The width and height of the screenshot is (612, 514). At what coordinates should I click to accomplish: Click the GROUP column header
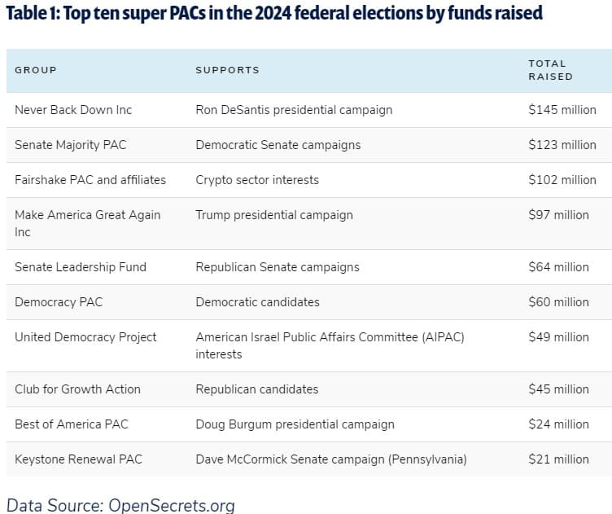tap(36, 70)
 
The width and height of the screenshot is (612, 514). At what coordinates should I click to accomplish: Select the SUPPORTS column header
tap(228, 70)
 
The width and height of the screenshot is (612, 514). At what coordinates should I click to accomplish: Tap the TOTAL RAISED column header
tap(551, 70)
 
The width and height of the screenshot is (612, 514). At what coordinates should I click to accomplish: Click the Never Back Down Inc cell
tap(73, 110)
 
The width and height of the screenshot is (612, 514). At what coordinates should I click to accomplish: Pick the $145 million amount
tap(562, 110)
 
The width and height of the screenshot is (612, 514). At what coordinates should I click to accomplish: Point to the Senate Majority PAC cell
tap(71, 145)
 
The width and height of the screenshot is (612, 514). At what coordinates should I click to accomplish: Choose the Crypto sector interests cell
tap(257, 180)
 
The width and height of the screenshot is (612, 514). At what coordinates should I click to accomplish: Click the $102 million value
tap(562, 180)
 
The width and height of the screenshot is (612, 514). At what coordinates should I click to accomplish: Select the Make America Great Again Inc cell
tap(88, 223)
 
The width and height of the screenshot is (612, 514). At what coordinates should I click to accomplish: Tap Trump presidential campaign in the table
tap(274, 215)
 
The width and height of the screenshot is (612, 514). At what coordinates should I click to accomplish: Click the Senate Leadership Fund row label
tap(81, 267)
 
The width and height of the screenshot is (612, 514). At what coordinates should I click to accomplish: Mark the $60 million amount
tap(558, 302)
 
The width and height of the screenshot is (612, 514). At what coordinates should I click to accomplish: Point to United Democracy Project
tap(85, 337)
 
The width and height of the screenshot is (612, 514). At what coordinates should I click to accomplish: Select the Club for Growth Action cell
tap(77, 389)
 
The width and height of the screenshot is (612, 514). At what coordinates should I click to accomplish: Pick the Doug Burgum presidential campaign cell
tap(295, 424)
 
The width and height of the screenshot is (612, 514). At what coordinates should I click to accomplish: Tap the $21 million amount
tap(558, 459)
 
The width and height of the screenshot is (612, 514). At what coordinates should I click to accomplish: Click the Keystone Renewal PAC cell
tap(78, 459)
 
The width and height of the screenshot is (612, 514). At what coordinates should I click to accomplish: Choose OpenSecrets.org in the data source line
tap(172, 506)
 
